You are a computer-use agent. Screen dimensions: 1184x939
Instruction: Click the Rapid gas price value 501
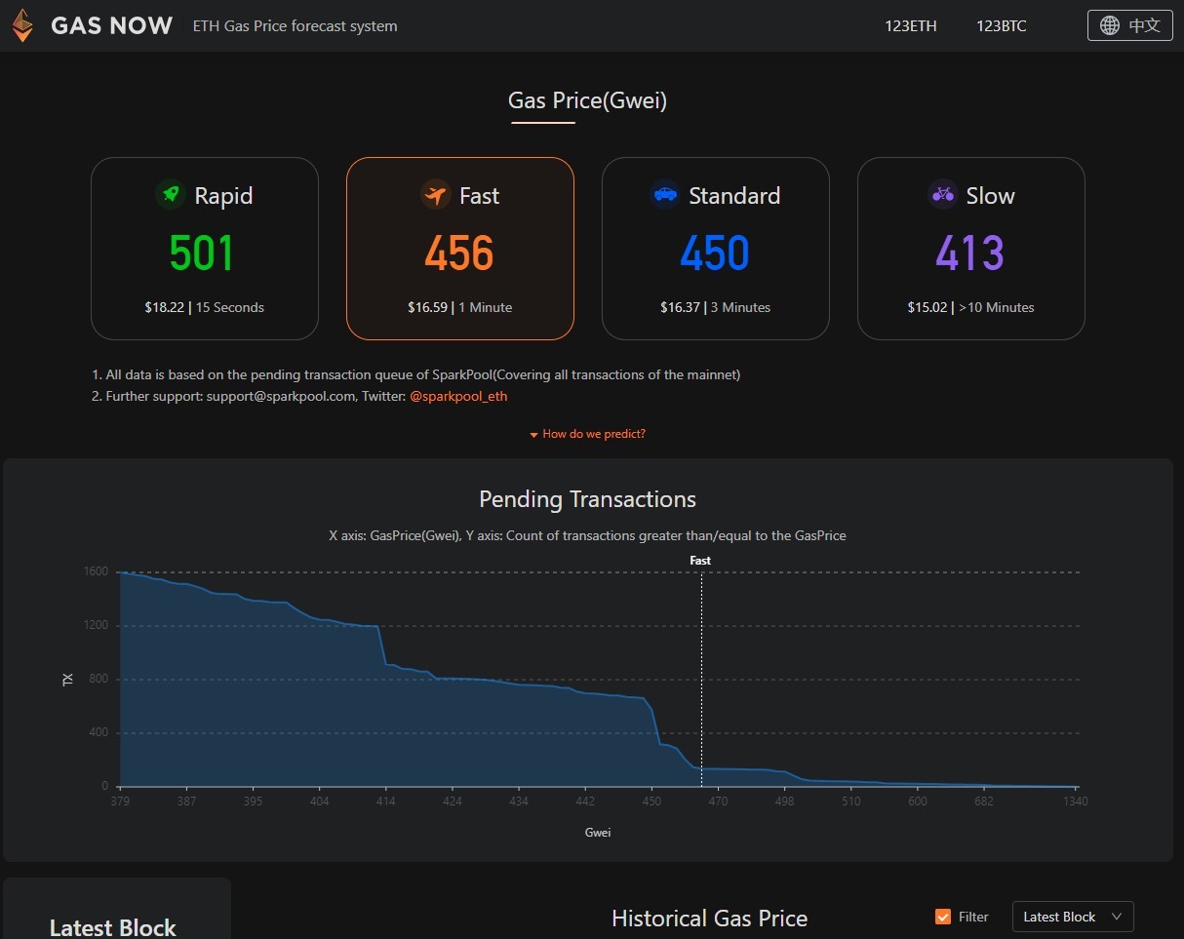(201, 254)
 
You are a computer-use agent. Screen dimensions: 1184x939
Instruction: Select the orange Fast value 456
(458, 254)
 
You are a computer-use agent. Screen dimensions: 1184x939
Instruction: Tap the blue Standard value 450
(715, 254)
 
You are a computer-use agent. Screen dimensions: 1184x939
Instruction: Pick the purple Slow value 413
(970, 254)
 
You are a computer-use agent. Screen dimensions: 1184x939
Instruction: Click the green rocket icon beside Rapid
(171, 194)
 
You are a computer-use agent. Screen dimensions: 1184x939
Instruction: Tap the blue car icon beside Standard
(665, 194)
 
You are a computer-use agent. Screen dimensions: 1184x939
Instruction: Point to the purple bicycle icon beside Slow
(943, 194)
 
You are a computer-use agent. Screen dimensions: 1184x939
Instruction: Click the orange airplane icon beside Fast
(436, 194)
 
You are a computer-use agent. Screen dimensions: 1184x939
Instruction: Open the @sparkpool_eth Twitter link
(458, 396)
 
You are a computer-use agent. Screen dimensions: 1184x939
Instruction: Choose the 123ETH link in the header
(911, 26)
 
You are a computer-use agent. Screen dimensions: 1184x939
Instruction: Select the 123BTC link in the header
(1002, 26)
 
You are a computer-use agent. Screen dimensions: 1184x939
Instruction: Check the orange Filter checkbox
(942, 917)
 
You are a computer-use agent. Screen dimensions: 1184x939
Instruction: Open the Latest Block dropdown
(1073, 917)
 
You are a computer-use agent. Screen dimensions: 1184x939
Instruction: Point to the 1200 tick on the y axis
(96, 625)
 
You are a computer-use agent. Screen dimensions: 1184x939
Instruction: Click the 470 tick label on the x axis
(718, 801)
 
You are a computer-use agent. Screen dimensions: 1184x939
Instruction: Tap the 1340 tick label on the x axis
(1076, 801)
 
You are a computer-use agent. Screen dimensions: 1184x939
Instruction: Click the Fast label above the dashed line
(700, 561)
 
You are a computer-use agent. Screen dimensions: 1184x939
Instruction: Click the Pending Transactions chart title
(587, 499)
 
